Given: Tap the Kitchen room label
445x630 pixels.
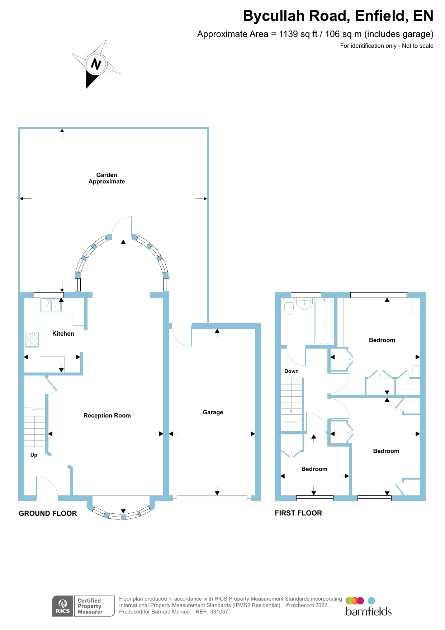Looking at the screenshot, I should point(63,333).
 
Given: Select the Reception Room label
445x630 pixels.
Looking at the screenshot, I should point(107,415).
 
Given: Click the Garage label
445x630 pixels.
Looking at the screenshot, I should point(213,412).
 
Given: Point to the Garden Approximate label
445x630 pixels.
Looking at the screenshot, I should point(106,178).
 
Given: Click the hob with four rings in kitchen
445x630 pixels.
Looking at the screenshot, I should point(32,339).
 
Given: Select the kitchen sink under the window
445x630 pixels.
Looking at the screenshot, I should point(51,306).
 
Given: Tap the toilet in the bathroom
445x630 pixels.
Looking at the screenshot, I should point(289,307).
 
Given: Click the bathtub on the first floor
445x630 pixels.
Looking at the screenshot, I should point(324,322).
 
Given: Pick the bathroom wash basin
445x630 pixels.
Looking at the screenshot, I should point(304,304).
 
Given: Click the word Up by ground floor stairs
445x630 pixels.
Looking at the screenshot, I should point(34,455).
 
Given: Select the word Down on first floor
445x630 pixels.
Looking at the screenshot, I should point(291,371).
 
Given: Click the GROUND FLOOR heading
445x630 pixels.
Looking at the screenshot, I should point(48,513).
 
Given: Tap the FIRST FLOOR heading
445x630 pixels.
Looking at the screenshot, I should point(298,513).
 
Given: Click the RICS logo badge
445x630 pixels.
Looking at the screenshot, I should point(63,606).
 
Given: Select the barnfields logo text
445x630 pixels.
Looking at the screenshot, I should point(368,611).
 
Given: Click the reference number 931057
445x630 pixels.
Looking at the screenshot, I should point(219,612).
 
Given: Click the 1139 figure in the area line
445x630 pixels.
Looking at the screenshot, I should point(288,34).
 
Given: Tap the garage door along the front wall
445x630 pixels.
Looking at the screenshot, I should point(212,498).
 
